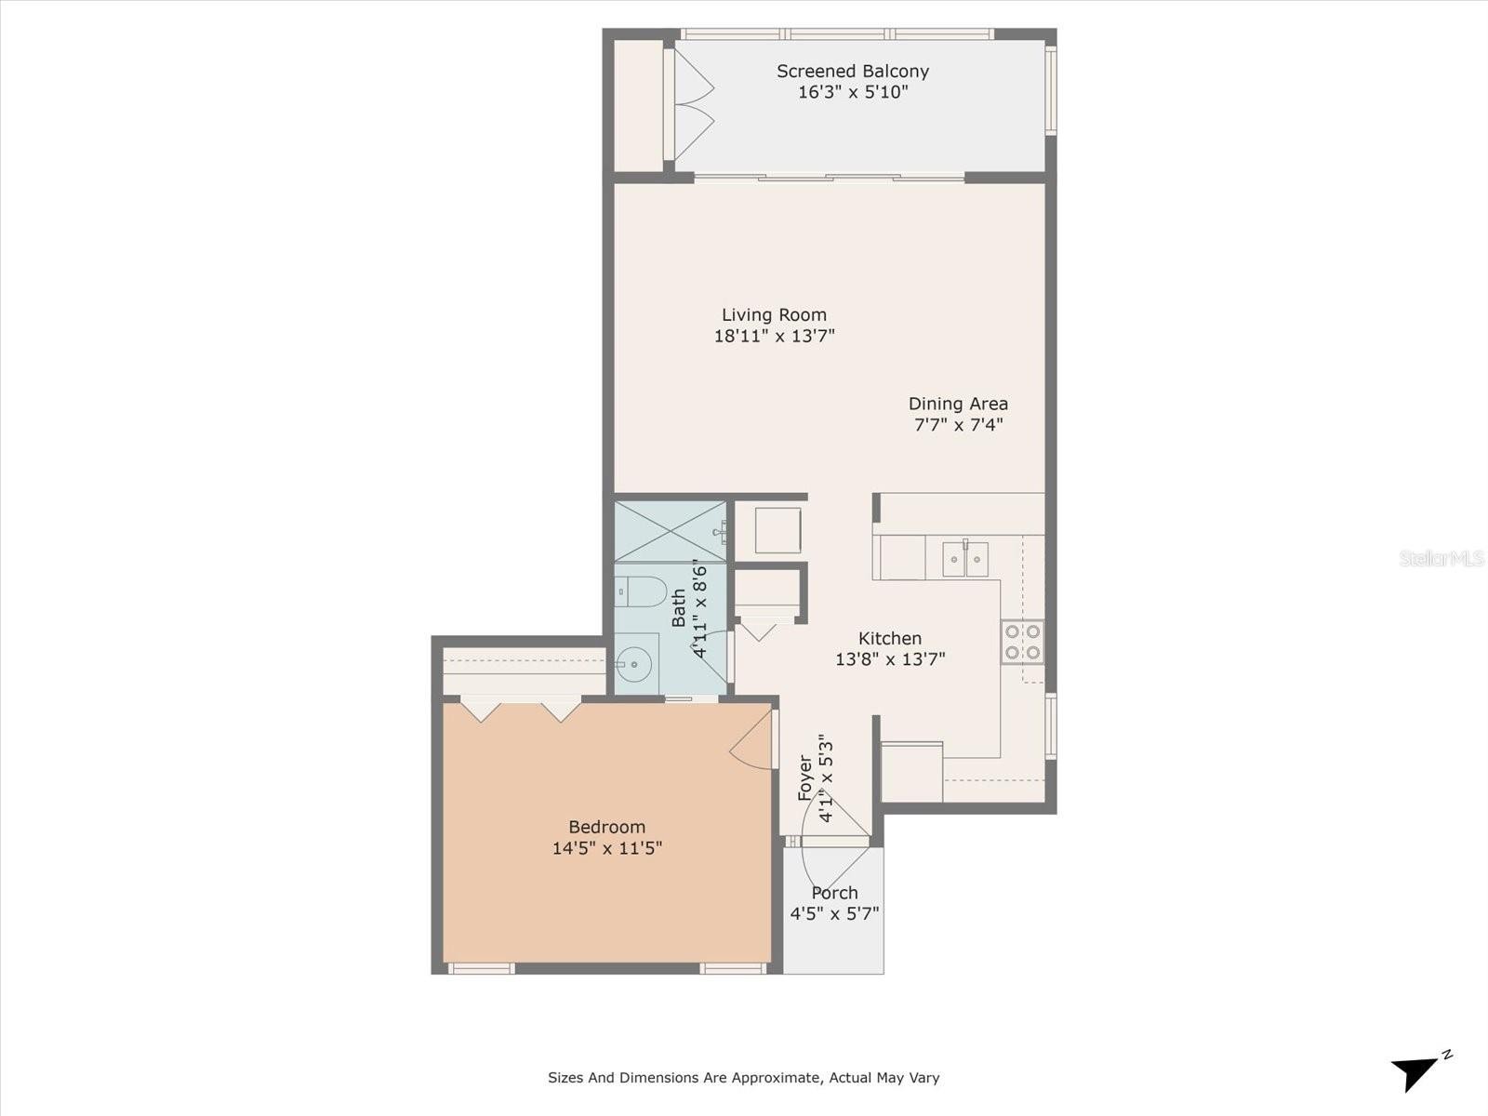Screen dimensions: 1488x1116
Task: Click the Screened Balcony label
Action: pyautogui.click(x=852, y=72)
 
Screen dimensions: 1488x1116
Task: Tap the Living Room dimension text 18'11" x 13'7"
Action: pyautogui.click(x=774, y=336)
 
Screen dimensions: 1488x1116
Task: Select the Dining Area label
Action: pyautogui.click(x=958, y=404)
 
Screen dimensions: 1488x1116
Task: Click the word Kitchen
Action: pyautogui.click(x=889, y=638)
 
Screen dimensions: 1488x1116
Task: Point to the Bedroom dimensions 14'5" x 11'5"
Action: pyautogui.click(x=606, y=847)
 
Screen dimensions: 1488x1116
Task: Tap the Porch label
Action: pyautogui.click(x=834, y=893)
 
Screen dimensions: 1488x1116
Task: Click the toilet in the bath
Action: pyautogui.click(x=641, y=591)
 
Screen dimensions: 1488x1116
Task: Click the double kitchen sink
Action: pyautogui.click(x=964, y=558)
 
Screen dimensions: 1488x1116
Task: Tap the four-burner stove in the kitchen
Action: pyautogui.click(x=1022, y=642)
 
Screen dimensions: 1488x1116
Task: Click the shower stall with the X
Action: pyautogui.click(x=671, y=531)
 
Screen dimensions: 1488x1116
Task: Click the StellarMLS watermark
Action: pyautogui.click(x=1441, y=558)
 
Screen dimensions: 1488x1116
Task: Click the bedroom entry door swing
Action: pyautogui.click(x=752, y=739)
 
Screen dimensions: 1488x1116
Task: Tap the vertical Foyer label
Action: pyautogui.click(x=804, y=777)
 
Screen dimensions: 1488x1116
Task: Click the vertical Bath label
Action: pyautogui.click(x=679, y=608)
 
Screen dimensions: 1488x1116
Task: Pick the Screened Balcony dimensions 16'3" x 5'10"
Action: pyautogui.click(x=852, y=92)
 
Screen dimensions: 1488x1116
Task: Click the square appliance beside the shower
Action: pyautogui.click(x=777, y=530)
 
